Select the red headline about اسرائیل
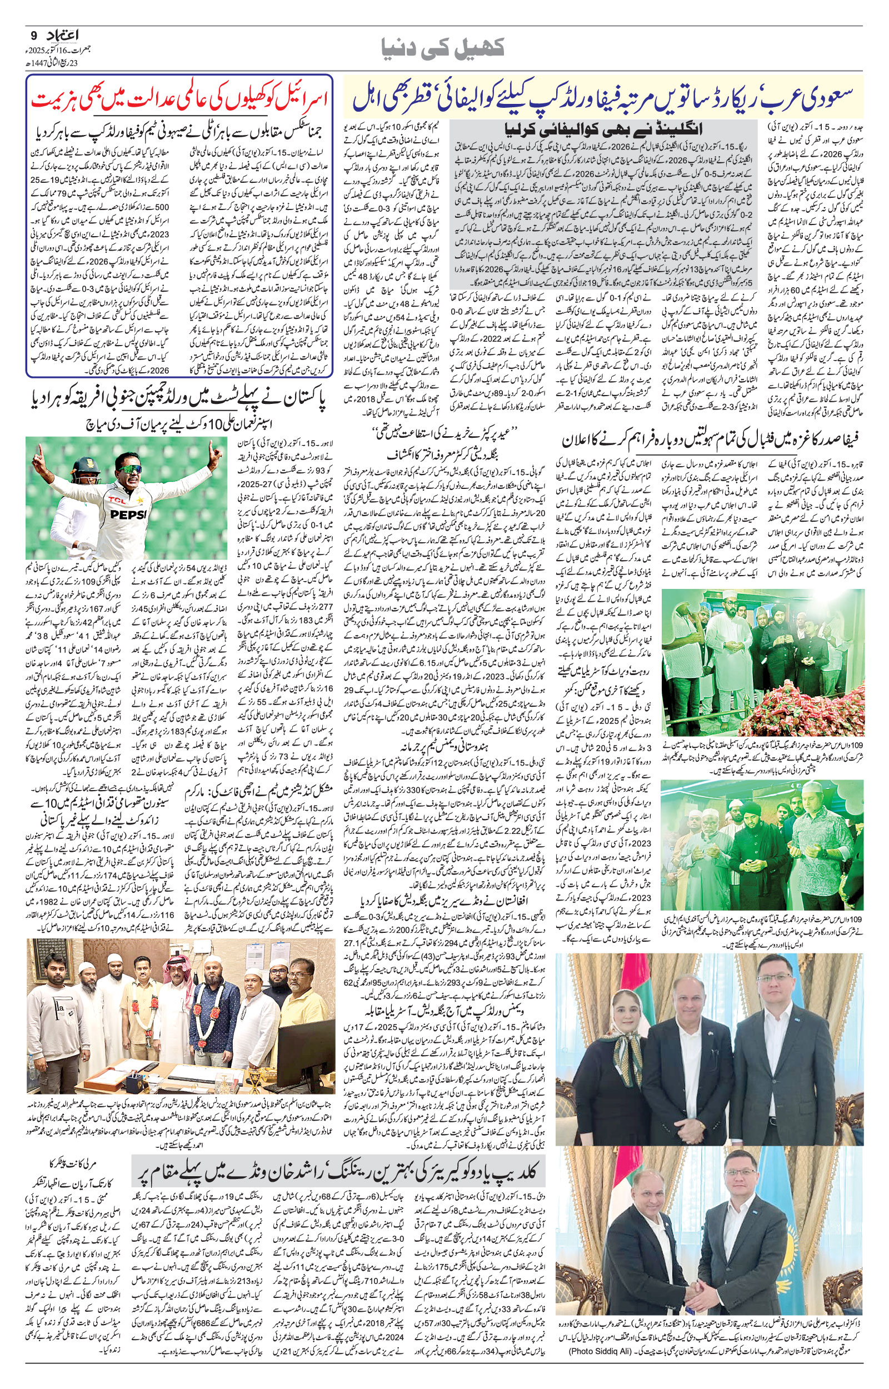point(179,98)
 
